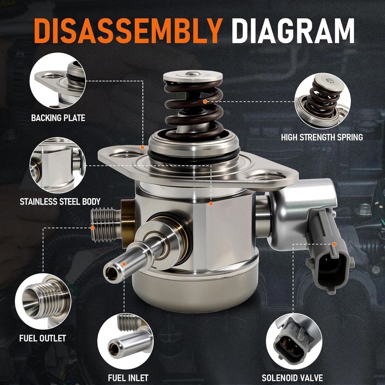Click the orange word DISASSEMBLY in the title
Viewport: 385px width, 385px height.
click(128, 31)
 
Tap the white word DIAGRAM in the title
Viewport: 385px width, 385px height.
click(293, 31)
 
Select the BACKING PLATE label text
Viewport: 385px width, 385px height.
click(58, 118)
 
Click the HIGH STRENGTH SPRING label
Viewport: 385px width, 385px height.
click(322, 137)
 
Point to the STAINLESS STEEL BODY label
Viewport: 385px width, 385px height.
click(60, 202)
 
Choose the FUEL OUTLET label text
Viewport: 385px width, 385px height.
click(43, 338)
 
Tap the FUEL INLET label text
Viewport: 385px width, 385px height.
click(128, 378)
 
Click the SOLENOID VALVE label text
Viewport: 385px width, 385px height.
click(292, 378)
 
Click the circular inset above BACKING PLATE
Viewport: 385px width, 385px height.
click(58, 81)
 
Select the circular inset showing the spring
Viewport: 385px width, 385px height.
click(323, 101)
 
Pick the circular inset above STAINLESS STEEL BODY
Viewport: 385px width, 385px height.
click(58, 165)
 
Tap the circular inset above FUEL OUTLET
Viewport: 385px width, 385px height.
click(43, 301)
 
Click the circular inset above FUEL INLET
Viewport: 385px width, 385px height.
click(126, 341)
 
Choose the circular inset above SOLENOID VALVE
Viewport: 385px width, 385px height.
click(294, 341)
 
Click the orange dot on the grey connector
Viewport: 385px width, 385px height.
click(334, 244)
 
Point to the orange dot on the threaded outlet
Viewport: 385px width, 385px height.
click(92, 228)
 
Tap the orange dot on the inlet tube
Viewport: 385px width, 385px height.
click(124, 264)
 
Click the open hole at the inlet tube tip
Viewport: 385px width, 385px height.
click(112, 273)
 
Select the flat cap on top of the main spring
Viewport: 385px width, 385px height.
click(193, 76)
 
